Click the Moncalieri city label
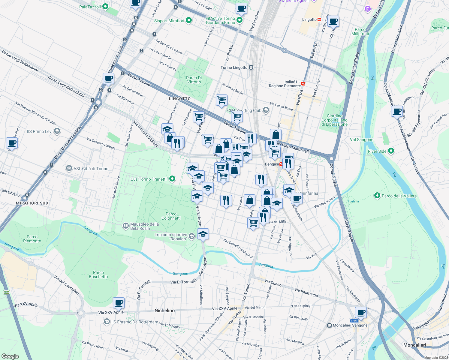pyautogui.click(x=414, y=345)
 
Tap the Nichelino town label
pyautogui.click(x=164, y=310)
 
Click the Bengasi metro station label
pyautogui.click(x=272, y=164)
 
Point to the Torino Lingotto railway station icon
pyautogui.click(x=251, y=67)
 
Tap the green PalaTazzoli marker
pyautogui.click(x=105, y=7)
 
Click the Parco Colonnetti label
pyautogui.click(x=171, y=216)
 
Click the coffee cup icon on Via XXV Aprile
pyautogui.click(x=119, y=303)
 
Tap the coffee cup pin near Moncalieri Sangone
pyautogui.click(x=361, y=312)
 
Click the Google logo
pyautogui.click(x=10, y=356)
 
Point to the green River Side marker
pyautogui.click(x=391, y=151)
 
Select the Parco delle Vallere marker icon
pyautogui.click(x=377, y=196)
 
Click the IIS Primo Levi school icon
pyautogui.click(x=57, y=131)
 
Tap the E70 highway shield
pyautogui.click(x=6, y=292)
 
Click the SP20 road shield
pyautogui.click(x=354, y=321)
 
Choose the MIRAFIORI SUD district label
pyautogui.click(x=32, y=203)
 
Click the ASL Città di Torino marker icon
pyautogui.click(x=69, y=168)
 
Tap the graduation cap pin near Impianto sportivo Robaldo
pyautogui.click(x=203, y=234)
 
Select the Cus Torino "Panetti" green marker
pyautogui.click(x=172, y=179)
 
